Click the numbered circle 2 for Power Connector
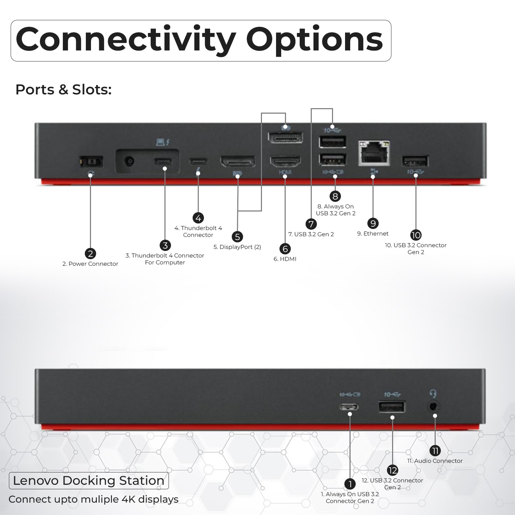tap(90, 254)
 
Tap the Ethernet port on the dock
tap(374, 153)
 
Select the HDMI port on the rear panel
tap(285, 161)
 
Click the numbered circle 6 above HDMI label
tap(285, 249)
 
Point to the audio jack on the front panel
tap(434, 407)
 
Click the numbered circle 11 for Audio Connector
tap(435, 450)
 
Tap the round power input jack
tap(129, 161)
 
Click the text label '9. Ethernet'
tap(373, 233)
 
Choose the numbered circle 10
tap(416, 235)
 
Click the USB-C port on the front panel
tap(349, 407)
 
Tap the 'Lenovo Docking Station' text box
tap(89, 481)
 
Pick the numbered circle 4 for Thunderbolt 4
tap(198, 218)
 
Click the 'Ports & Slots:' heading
tap(64, 90)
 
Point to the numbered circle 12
tap(392, 470)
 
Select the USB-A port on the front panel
tap(392, 407)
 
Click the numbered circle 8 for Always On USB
tap(335, 196)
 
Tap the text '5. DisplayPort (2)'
tap(237, 247)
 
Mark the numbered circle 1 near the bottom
tap(350, 484)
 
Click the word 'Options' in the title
tap(314, 40)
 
